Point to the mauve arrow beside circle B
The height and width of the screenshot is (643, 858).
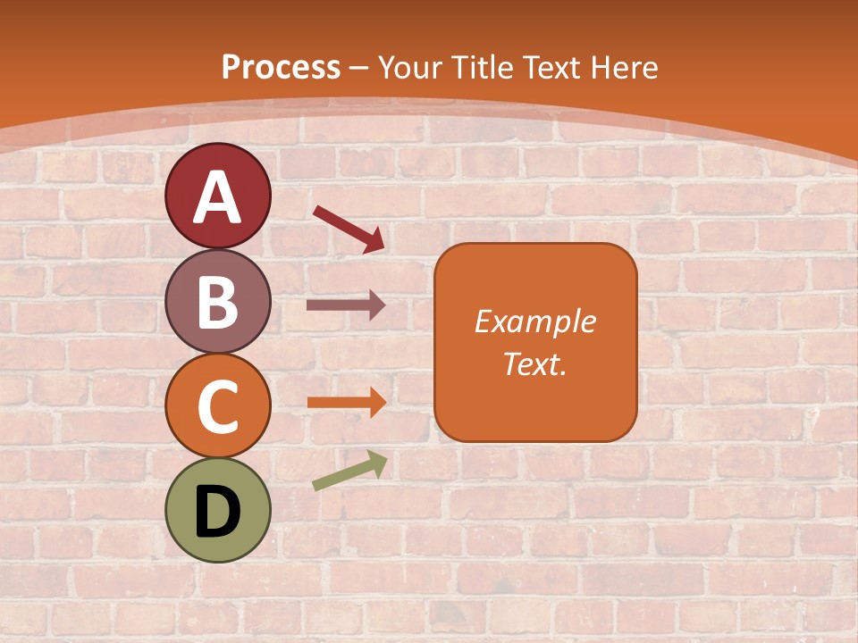(x=344, y=305)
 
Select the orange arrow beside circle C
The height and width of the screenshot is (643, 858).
(x=344, y=402)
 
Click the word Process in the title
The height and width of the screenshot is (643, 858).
(x=281, y=67)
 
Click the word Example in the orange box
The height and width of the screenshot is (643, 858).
(x=534, y=321)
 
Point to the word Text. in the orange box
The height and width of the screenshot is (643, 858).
(x=534, y=363)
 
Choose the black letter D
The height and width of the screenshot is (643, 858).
(x=217, y=513)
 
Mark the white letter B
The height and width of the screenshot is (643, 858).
(x=217, y=302)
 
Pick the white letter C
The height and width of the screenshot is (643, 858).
(x=217, y=407)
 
